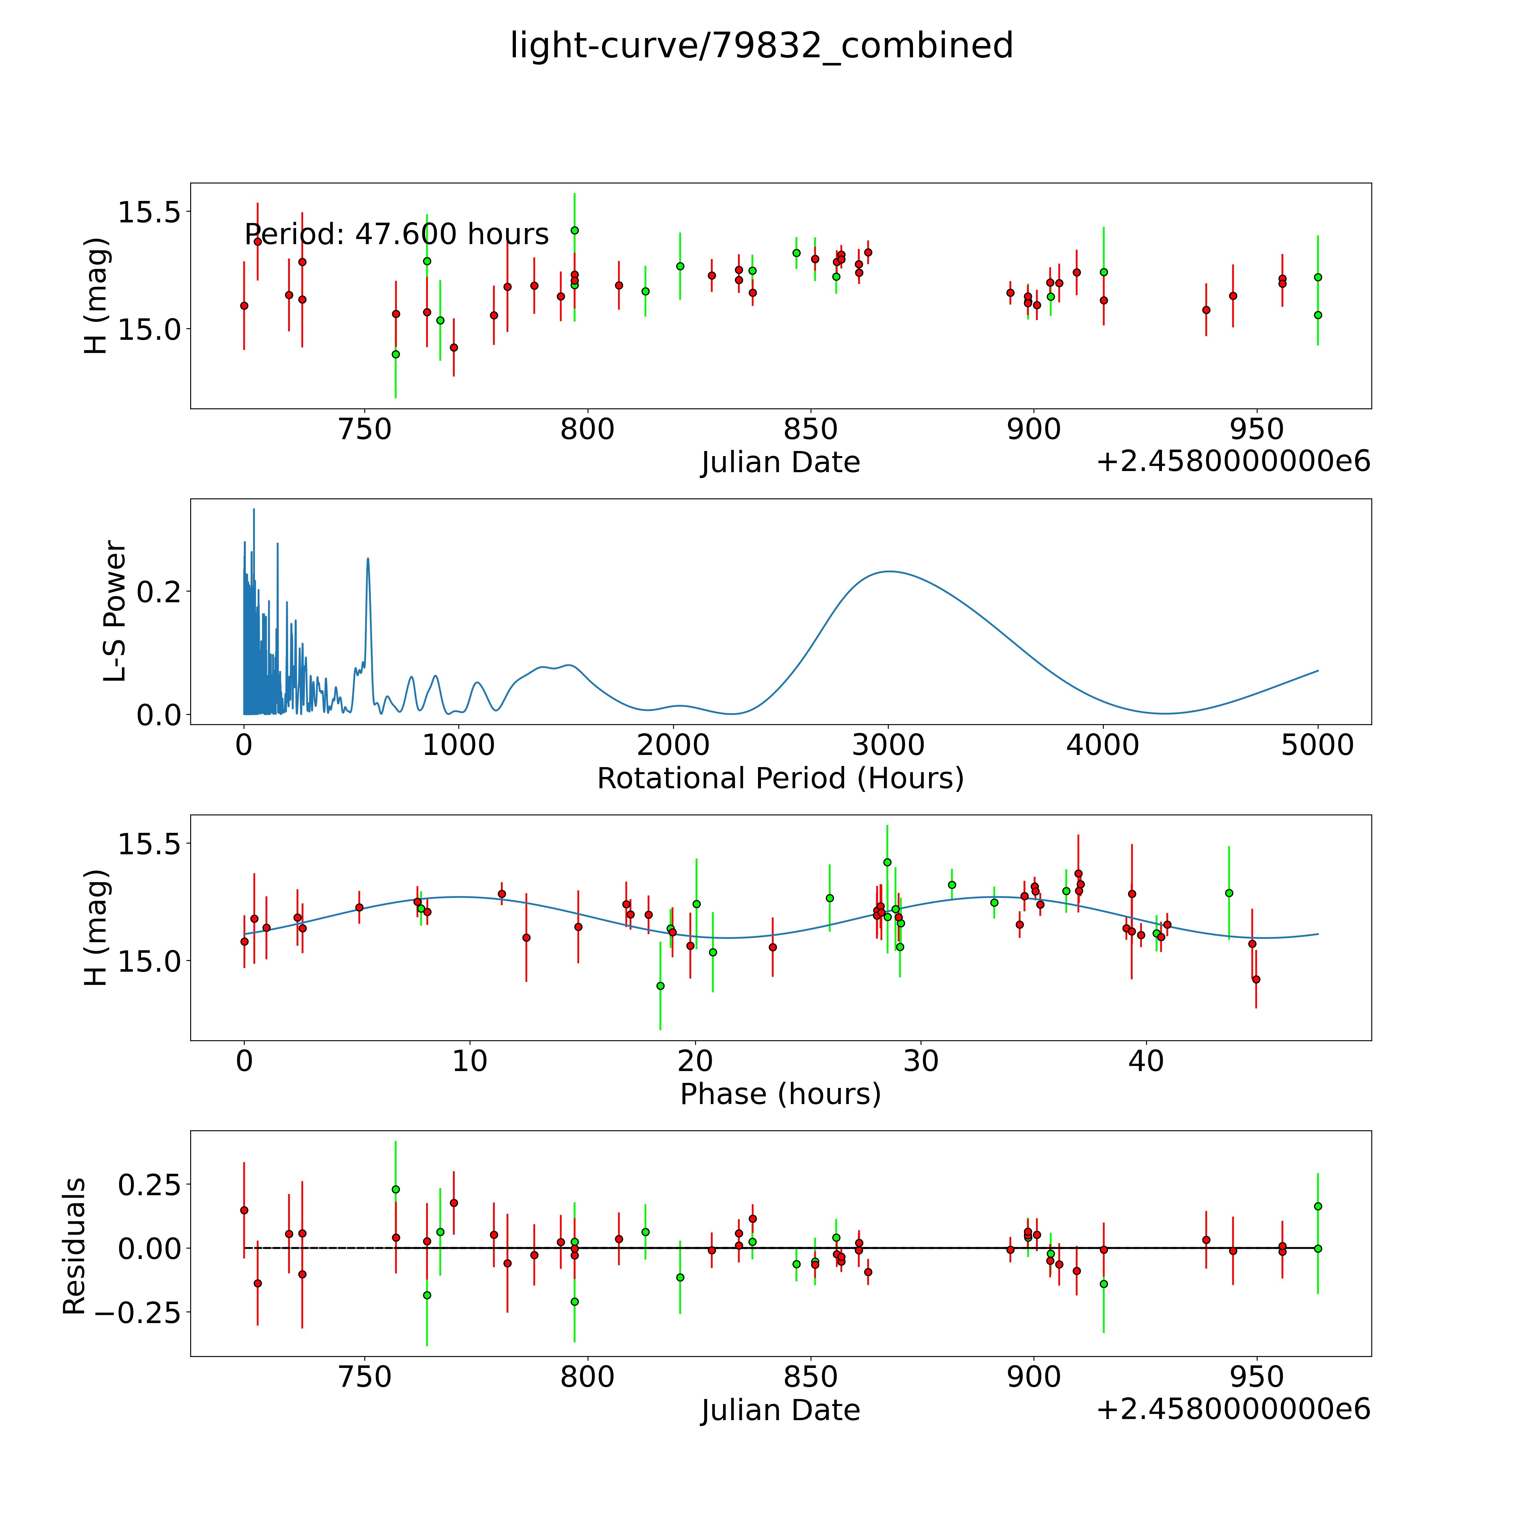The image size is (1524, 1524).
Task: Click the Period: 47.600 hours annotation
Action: pyautogui.click(x=396, y=234)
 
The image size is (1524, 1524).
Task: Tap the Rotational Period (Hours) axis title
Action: pyautogui.click(x=780, y=779)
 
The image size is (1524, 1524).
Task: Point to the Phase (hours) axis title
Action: pyautogui.click(x=780, y=1094)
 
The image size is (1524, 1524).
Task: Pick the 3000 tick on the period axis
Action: pyautogui.click(x=888, y=745)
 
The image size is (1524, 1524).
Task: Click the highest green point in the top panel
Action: pyautogui.click(x=574, y=230)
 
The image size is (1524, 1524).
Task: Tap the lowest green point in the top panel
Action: pyautogui.click(x=396, y=354)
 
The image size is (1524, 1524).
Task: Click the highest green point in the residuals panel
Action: pyautogui.click(x=396, y=1189)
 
